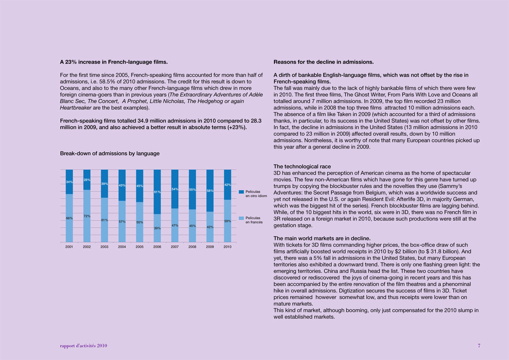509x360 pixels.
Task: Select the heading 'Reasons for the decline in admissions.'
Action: [324, 62]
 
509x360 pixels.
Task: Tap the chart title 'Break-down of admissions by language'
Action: [110, 153]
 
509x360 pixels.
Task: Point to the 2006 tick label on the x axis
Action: [157, 246]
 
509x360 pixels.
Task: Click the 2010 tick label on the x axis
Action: [227, 246]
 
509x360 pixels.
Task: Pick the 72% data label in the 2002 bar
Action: [87, 216]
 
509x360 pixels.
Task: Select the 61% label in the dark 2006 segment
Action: [157, 192]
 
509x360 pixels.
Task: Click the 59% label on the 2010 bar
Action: [227, 221]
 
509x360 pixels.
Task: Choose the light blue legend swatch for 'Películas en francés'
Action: [241, 218]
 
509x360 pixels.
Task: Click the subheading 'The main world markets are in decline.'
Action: [322, 238]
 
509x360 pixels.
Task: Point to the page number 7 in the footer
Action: [479, 346]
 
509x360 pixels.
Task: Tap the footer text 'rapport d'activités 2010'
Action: [84, 346]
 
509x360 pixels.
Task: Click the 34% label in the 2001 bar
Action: [69, 182]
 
